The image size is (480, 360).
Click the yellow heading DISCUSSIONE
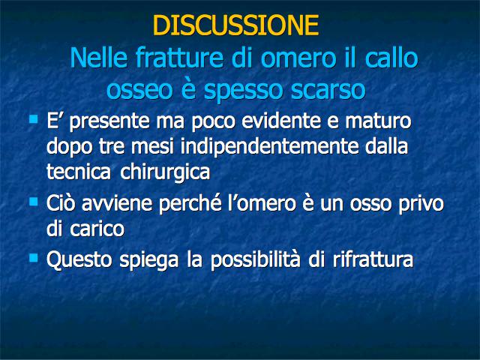point(235,25)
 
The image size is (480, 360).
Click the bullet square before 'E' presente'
point(33,119)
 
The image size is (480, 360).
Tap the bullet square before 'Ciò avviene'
point(33,202)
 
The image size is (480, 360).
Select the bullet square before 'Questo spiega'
point(33,258)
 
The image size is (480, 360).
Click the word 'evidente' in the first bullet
point(281,121)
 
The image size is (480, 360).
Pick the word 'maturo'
point(378,121)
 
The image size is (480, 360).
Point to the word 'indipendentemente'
point(269,147)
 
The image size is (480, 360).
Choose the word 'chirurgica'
point(165,172)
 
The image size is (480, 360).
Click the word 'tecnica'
point(79,172)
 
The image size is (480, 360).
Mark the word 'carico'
point(97,228)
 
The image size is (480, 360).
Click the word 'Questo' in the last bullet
point(79,260)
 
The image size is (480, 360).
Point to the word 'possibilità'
point(255,260)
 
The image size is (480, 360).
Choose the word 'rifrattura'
point(373,260)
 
